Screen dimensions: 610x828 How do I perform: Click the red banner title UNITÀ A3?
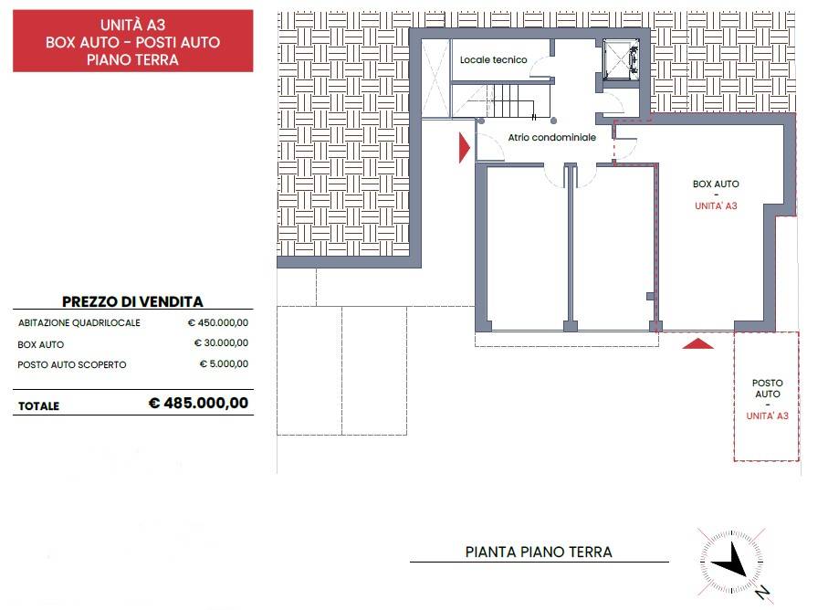click(132, 25)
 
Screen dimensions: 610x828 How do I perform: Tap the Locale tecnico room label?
click(493, 59)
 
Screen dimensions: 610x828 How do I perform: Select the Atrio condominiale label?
click(539, 137)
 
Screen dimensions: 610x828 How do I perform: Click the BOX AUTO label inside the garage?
click(716, 184)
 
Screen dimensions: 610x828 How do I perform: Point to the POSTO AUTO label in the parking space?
click(767, 389)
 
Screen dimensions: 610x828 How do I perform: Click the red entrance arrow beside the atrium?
click(464, 147)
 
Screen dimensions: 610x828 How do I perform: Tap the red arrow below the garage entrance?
click(697, 343)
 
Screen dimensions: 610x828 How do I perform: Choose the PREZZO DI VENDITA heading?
click(132, 301)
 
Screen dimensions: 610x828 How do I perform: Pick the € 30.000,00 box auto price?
click(221, 343)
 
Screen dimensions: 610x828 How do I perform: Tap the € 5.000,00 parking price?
click(224, 363)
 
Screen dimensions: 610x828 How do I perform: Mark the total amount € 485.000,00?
click(198, 403)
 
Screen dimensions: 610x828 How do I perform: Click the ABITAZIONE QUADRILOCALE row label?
click(79, 323)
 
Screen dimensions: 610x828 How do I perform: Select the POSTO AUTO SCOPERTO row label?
click(72, 364)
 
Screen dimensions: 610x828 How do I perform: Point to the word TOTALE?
click(38, 405)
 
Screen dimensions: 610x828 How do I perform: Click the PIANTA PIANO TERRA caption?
click(539, 552)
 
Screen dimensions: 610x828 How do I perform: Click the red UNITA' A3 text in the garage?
click(716, 206)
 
